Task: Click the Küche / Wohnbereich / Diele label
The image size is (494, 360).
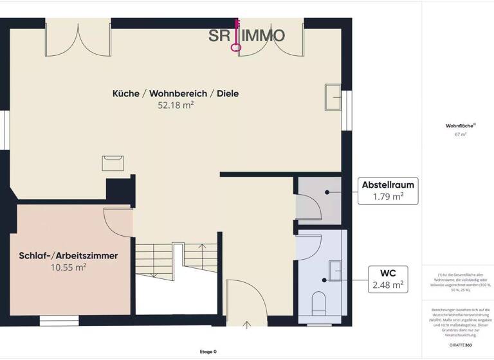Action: click(x=175, y=93)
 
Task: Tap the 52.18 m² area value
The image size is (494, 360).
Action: click(x=176, y=105)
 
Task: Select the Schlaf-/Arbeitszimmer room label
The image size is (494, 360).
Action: click(x=68, y=256)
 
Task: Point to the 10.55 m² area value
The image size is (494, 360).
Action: click(x=68, y=267)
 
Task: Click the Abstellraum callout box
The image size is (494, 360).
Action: click(x=387, y=191)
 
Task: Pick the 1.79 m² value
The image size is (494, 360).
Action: click(x=388, y=197)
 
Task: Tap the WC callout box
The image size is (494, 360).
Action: click(x=387, y=278)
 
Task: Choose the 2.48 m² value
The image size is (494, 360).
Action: click(x=388, y=283)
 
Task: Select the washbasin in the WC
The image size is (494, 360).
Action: click(x=335, y=271)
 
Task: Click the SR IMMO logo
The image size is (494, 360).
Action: click(x=246, y=35)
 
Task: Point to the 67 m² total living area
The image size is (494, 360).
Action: click(x=460, y=134)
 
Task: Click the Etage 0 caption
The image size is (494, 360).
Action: click(x=208, y=352)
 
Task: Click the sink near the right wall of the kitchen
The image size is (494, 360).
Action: click(x=334, y=97)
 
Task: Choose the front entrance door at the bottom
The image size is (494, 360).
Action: click(x=245, y=302)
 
